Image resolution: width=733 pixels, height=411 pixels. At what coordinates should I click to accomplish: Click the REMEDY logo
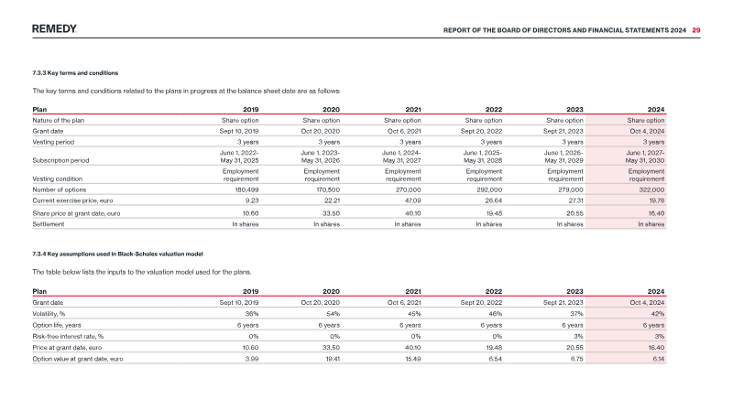54,29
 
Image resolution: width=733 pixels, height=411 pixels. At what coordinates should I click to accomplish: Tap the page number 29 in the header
696,30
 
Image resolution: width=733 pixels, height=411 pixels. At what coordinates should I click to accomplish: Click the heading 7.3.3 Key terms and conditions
75,73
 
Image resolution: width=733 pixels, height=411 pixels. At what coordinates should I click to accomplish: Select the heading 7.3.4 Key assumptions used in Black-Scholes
118,254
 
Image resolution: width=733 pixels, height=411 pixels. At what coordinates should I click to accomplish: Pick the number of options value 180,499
246,189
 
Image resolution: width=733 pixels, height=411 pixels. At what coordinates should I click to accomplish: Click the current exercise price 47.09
413,200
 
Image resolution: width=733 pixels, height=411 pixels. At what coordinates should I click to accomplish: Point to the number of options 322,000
651,189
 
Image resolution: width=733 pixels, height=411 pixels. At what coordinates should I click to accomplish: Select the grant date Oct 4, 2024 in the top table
647,131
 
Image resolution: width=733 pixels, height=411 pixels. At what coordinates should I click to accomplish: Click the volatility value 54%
334,314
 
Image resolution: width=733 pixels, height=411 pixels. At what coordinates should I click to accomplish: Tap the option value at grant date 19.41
333,359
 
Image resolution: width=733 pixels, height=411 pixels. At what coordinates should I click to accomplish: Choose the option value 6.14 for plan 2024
658,359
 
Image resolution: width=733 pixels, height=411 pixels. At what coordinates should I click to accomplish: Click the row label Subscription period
60,160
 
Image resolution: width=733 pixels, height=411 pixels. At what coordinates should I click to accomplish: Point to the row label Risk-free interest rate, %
68,336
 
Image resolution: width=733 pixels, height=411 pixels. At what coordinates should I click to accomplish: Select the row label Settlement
49,224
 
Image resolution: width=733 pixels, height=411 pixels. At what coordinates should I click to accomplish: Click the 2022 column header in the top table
494,109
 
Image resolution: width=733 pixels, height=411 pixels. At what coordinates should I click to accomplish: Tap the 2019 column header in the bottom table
250,291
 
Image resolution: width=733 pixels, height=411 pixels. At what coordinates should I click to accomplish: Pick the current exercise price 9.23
252,200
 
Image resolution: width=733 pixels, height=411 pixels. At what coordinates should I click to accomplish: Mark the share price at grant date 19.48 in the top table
494,213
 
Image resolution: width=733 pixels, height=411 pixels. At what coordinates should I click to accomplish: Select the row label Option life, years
57,325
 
